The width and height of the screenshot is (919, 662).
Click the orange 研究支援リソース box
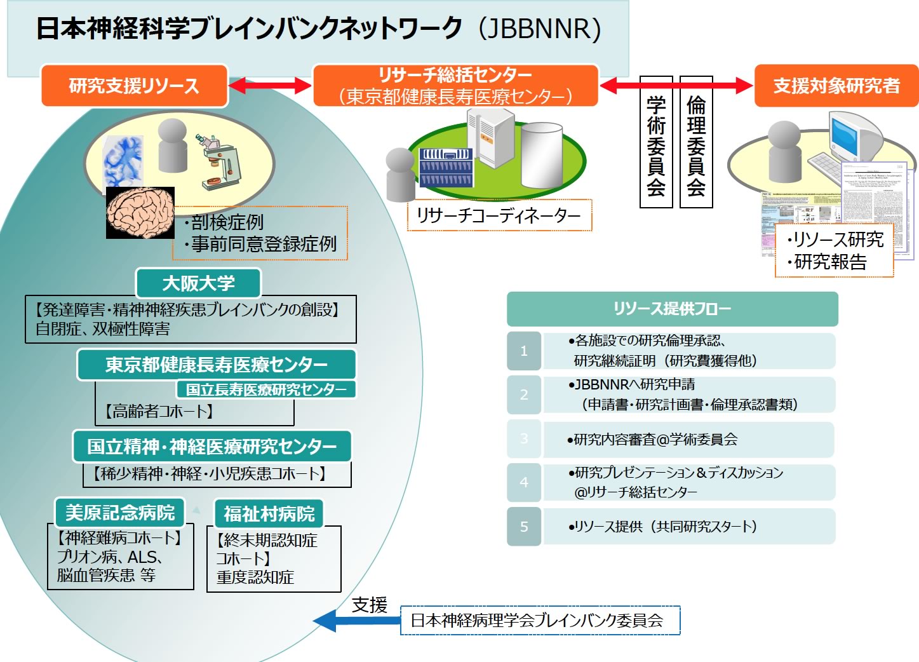134,86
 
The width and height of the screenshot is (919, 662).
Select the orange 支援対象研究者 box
836,86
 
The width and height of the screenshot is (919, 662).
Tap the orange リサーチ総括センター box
455,85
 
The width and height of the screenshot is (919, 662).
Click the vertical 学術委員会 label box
656,142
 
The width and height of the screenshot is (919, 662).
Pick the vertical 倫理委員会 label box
696,142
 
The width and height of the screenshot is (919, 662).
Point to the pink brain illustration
140,212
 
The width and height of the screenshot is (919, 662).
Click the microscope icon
220,162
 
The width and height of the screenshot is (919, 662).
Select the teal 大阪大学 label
198,283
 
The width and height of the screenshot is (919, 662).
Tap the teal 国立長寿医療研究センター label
266,389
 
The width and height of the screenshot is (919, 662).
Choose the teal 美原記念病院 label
119,512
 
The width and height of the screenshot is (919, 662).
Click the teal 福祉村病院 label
269,513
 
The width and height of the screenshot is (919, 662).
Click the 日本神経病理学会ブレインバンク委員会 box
540,621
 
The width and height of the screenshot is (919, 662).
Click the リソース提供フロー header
672,309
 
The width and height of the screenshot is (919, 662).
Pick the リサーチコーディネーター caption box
499,215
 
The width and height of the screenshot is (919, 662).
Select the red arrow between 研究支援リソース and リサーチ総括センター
270,85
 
